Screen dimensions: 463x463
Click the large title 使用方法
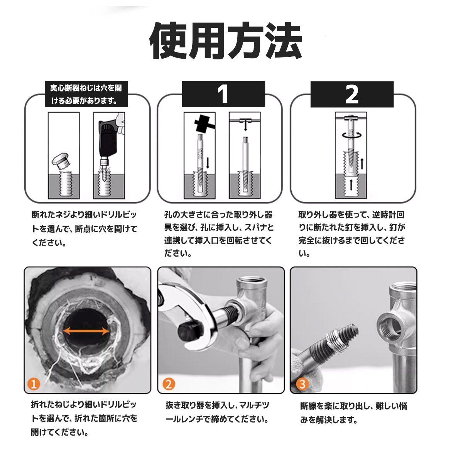pos(226,41)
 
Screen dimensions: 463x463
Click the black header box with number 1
pos(223,94)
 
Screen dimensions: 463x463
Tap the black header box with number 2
pos(352,94)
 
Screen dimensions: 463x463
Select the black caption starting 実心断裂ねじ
pos(86,94)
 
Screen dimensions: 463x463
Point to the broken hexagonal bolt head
pos(61,160)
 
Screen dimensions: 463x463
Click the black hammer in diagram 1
pos(203,124)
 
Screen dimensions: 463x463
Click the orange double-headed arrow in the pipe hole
pos(86,331)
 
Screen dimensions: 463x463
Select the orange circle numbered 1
pos(34,384)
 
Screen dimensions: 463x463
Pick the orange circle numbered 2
pos(169,384)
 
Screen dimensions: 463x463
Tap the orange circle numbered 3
pos(302,384)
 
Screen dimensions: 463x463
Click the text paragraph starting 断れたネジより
pos(84,228)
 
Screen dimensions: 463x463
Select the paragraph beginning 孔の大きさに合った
pos(219,234)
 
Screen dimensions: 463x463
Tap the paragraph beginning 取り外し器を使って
pos(352,234)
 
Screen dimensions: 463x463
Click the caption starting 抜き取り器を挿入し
pos(218,412)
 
